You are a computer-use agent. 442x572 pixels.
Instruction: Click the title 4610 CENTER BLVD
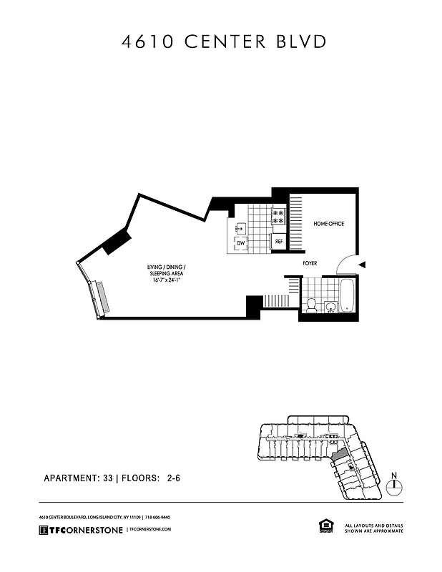225,41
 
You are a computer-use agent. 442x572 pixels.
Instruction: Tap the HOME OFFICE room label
328,224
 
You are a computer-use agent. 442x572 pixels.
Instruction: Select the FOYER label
310,264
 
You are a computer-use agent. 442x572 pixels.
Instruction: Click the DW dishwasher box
241,245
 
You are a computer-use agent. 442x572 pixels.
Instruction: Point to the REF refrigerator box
279,242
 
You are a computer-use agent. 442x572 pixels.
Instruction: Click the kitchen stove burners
278,217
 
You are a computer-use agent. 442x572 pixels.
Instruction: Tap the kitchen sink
241,228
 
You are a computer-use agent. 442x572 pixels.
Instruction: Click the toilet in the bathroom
310,306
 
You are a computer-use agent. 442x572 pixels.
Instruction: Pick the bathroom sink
330,308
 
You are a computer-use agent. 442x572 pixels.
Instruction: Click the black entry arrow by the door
362,265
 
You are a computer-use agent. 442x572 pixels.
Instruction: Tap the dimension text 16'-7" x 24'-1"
168,280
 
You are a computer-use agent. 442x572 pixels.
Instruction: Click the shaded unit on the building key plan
338,452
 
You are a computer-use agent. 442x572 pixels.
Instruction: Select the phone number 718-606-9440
158,517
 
